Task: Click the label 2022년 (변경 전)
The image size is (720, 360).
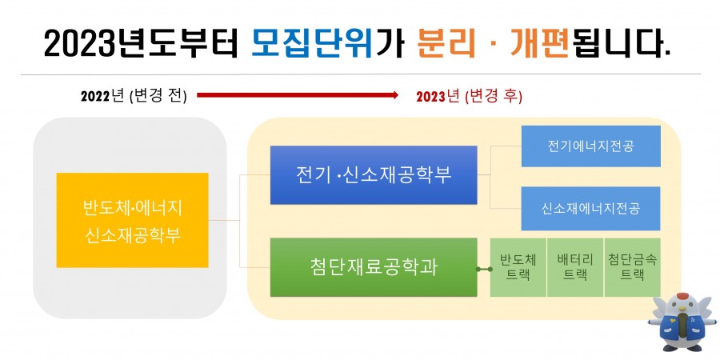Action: pyautogui.click(x=134, y=97)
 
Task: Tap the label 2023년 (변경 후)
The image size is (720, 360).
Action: pyautogui.click(x=470, y=97)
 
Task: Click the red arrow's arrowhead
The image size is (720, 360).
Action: pyautogui.click(x=394, y=95)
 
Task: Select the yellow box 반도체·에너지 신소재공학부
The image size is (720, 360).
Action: pyautogui.click(x=132, y=220)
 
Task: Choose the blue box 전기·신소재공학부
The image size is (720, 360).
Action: pyautogui.click(x=374, y=175)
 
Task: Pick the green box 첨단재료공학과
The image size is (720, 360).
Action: pyautogui.click(x=374, y=267)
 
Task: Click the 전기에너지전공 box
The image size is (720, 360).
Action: pyautogui.click(x=591, y=146)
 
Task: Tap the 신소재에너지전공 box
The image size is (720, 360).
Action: pyautogui.click(x=591, y=208)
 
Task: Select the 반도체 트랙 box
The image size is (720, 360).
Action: pyautogui.click(x=518, y=267)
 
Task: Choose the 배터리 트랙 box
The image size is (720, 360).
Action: pyautogui.click(x=575, y=267)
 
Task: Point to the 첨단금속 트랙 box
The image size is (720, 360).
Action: pyautogui.click(x=632, y=267)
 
